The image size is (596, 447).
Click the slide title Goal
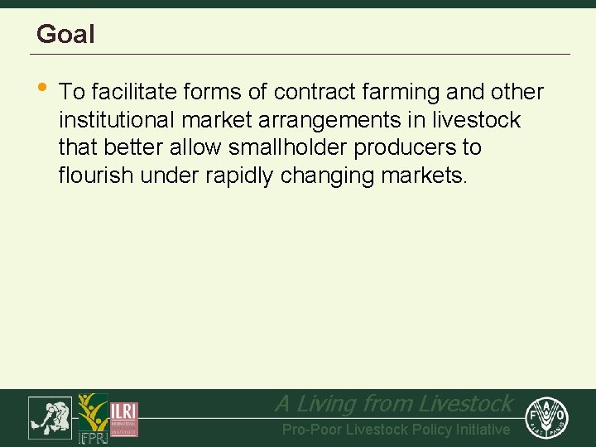(65, 34)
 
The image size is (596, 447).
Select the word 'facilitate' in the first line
(133, 92)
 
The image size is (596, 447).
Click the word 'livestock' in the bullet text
(476, 120)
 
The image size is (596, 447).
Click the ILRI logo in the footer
(124, 417)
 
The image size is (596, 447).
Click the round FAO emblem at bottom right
(546, 416)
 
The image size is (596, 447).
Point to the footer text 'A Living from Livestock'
(393, 404)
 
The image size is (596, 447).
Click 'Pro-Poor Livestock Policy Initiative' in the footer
(396, 430)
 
